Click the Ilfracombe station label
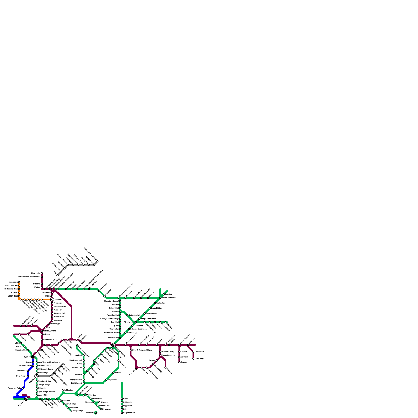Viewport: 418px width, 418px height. point(36,273)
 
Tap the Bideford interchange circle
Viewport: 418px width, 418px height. point(52,299)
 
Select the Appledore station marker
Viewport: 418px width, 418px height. point(19,282)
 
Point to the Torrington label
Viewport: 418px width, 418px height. point(58,303)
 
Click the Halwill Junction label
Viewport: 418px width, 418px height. point(50,331)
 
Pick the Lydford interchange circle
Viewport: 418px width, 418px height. point(33,357)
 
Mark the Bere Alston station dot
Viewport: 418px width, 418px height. point(28,371)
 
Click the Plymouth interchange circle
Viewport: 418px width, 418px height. point(26,399)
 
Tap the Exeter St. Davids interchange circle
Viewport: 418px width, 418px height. point(113,345)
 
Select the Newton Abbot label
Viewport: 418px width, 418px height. point(76,383)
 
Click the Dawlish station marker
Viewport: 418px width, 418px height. point(113,373)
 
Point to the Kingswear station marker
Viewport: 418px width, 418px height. point(101,409)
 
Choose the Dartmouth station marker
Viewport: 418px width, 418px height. point(96,413)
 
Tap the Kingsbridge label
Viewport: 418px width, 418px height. point(78,411)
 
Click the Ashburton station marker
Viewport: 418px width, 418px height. point(63,390)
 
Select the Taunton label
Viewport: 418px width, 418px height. point(169,294)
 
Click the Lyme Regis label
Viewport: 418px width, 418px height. point(199,359)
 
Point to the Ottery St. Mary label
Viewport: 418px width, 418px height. point(168,352)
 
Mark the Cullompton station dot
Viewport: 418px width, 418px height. point(132,326)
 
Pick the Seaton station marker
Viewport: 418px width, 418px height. point(179,362)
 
